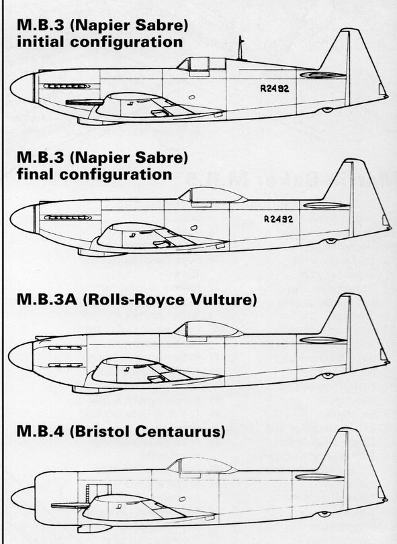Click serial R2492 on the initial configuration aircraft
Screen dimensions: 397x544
tap(274, 89)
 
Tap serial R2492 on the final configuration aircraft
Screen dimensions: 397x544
tap(278, 219)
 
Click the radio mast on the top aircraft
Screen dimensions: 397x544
tap(240, 48)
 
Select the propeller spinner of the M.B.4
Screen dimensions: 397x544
tap(23, 498)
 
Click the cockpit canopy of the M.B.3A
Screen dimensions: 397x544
tap(208, 329)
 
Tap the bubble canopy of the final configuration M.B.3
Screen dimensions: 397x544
tap(212, 195)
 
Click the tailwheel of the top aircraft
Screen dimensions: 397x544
tap(327, 110)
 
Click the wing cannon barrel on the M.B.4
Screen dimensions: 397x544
tap(69, 506)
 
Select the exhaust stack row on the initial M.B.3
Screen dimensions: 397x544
tap(67, 86)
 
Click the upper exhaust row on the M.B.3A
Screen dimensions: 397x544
tap(65, 348)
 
